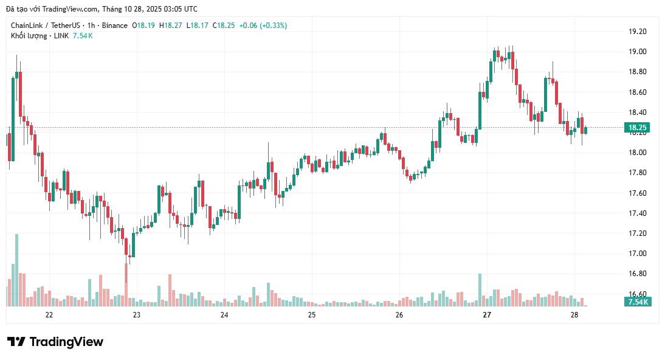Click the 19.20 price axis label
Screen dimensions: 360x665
(638, 32)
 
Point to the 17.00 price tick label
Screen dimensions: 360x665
(638, 254)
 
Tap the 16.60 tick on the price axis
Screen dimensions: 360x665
(638, 294)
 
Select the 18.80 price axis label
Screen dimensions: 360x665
(638, 72)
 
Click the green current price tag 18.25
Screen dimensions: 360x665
(636, 128)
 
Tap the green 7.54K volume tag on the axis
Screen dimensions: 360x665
(638, 302)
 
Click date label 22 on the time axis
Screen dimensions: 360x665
(49, 315)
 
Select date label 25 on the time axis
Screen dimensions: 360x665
(312, 315)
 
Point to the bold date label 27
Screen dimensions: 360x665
(487, 315)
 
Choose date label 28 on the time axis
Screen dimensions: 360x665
(574, 315)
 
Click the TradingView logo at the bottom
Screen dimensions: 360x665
(55, 342)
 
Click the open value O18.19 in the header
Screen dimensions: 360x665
(143, 26)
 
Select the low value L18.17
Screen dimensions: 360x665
(198, 26)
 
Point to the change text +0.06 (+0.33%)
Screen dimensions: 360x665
(263, 26)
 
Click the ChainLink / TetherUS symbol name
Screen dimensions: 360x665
(46, 26)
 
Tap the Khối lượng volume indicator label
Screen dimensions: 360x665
(29, 36)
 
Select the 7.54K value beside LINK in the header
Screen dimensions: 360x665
(83, 36)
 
